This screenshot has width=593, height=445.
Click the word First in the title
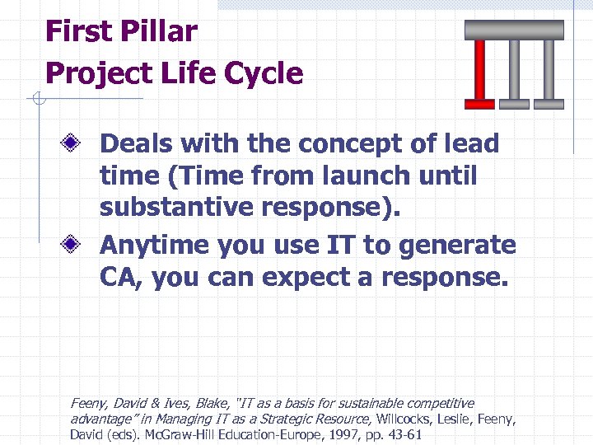[79, 32]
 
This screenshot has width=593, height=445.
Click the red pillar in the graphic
[479, 74]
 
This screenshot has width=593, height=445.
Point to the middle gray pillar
[515, 74]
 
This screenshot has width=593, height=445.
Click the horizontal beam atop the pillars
[514, 30]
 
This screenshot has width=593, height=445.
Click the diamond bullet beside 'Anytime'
[73, 246]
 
